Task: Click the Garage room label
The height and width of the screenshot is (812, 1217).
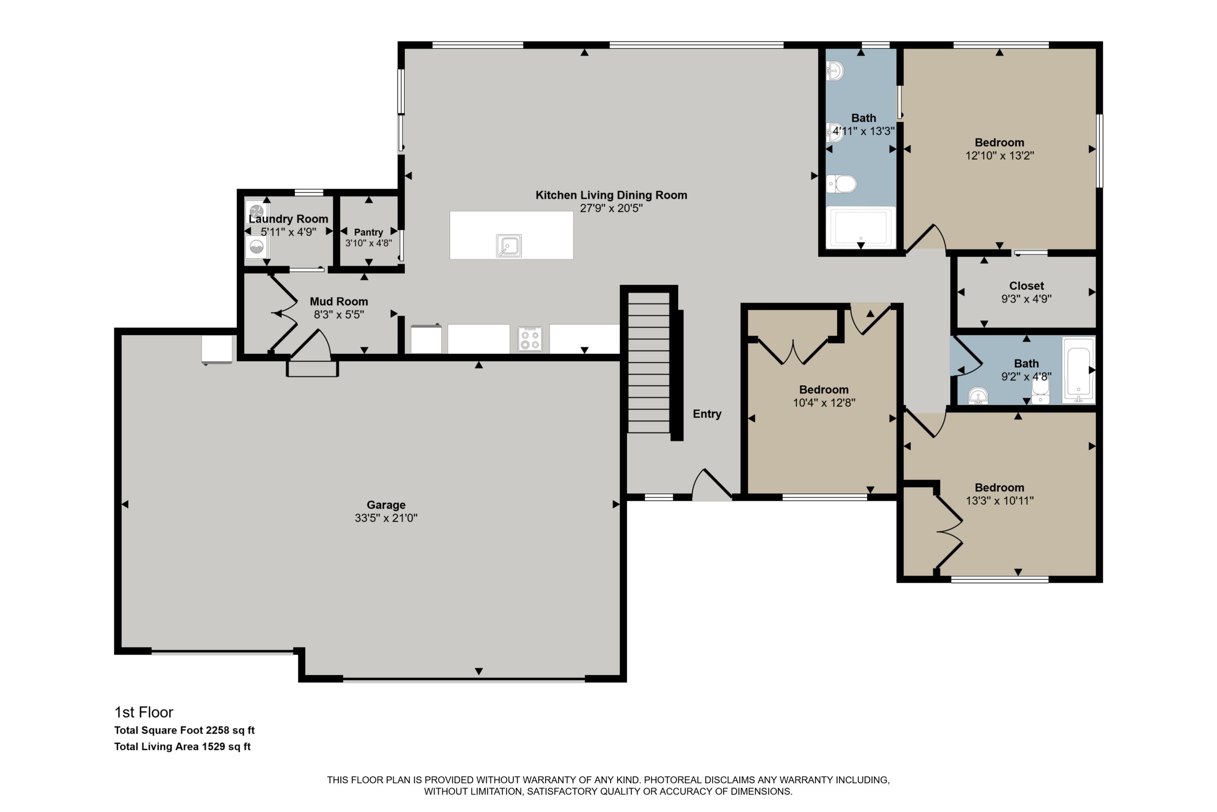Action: (x=386, y=505)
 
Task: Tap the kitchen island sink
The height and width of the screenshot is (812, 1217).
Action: (x=509, y=246)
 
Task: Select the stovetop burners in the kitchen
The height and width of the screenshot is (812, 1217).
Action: (x=530, y=339)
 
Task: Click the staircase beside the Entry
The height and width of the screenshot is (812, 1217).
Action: (x=649, y=363)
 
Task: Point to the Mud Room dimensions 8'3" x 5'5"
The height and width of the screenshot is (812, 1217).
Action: (x=339, y=314)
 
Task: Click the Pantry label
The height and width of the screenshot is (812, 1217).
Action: (x=368, y=232)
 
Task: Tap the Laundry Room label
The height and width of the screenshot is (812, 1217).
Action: (x=288, y=219)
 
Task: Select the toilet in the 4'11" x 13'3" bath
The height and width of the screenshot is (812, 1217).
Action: (x=841, y=184)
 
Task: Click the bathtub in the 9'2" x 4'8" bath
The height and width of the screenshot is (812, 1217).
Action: (x=1078, y=370)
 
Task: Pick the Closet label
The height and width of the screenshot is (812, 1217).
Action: (x=1027, y=286)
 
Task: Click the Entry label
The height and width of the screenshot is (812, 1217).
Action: (x=707, y=414)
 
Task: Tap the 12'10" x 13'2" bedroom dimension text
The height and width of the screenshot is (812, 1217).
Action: (x=1000, y=155)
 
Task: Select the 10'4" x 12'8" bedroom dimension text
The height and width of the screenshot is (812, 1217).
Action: (x=824, y=402)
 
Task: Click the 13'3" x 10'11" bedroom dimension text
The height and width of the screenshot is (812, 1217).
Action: (x=1000, y=500)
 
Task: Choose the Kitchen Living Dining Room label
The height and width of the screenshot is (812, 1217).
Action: (x=611, y=195)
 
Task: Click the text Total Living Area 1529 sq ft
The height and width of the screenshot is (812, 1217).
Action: (x=182, y=746)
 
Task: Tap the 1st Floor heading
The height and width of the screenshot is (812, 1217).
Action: (x=144, y=712)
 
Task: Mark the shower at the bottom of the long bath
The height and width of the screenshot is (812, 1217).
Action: (x=861, y=227)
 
